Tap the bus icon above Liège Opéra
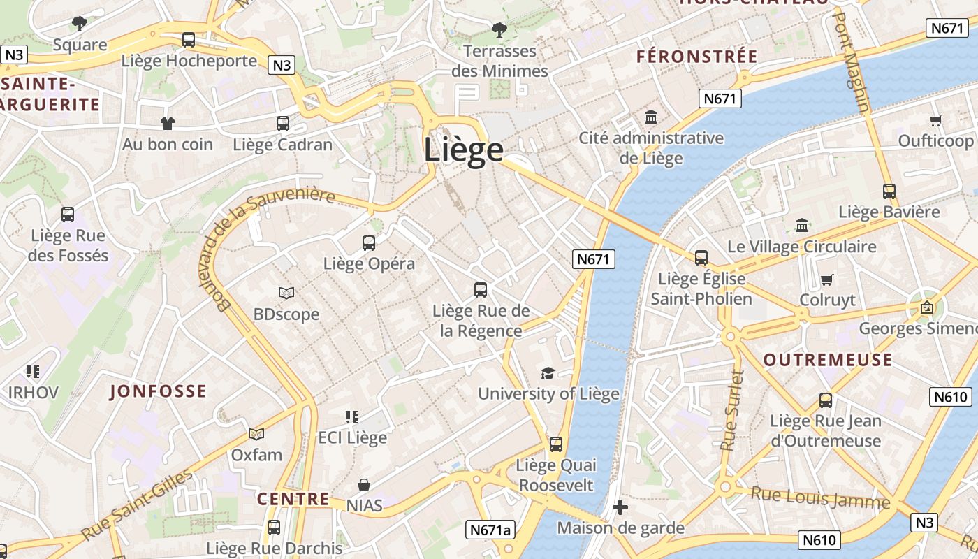(369, 243)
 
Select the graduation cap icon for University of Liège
(548, 373)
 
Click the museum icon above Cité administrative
(651, 117)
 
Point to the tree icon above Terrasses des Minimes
(499, 30)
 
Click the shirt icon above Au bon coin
(168, 124)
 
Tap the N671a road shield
(490, 530)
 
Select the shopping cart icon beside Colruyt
(827, 280)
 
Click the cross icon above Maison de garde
(620, 507)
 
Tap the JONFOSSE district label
(158, 391)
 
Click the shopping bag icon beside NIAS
(364, 485)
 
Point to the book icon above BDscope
(286, 293)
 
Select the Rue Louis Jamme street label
(820, 498)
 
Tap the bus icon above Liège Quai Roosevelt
(556, 444)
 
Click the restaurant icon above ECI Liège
(352, 417)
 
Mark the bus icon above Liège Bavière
(889, 191)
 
